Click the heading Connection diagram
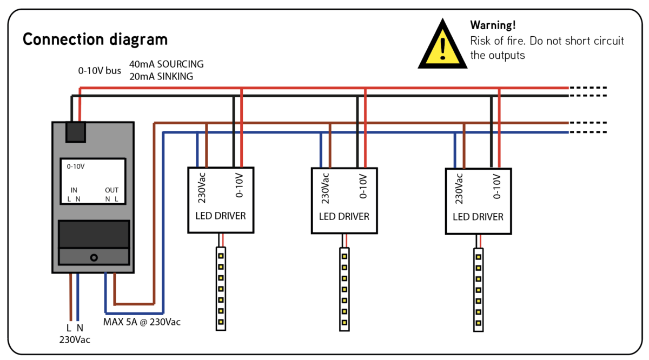coord(95,40)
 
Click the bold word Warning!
coord(493,25)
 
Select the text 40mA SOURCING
coord(167,64)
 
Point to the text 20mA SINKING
coord(161,76)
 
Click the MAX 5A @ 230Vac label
coord(142,322)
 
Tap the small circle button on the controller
coord(94,258)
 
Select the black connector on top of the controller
coord(76,132)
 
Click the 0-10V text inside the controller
coord(76,167)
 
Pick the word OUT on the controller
coord(111,190)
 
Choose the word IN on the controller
coord(74,190)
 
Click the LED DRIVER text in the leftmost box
coord(220,216)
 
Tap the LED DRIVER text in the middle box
coord(344,217)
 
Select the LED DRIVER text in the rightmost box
coord(478,217)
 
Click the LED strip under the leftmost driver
coord(221,289)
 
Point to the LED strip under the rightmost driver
coord(478,289)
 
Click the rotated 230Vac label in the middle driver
coord(326,188)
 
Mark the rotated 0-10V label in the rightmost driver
coord(497,188)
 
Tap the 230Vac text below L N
coord(75,340)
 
